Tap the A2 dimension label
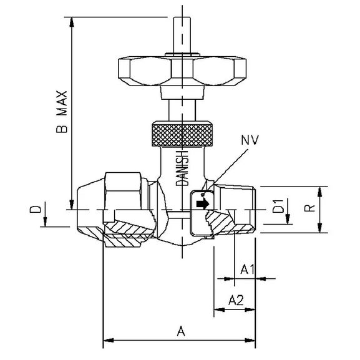[x=236, y=300]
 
